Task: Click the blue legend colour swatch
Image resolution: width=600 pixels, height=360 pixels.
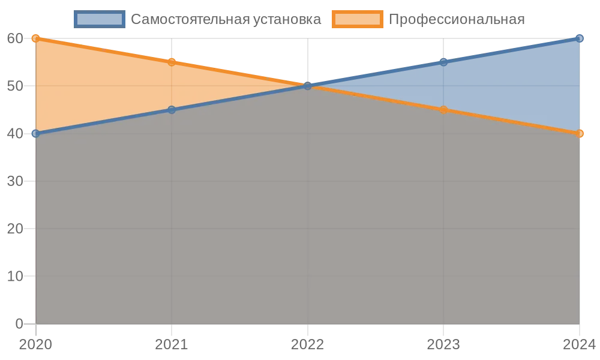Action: (x=100, y=19)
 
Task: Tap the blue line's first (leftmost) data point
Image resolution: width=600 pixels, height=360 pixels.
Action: (x=36, y=133)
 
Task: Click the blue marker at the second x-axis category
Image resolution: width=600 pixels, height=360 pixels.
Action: (x=172, y=110)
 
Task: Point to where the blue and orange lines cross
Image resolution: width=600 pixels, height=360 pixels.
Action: (x=308, y=86)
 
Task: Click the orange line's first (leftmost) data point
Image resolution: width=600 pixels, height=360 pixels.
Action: (x=36, y=38)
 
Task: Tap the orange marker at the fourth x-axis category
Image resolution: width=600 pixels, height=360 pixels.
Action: (x=443, y=110)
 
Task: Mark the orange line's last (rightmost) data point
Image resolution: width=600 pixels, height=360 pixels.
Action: (x=580, y=133)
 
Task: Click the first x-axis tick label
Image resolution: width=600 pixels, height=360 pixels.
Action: (x=36, y=343)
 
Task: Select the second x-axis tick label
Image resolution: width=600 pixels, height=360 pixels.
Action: (x=172, y=343)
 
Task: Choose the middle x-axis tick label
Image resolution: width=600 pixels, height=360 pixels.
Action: (x=308, y=343)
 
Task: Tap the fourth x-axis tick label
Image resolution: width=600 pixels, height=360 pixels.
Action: (x=443, y=343)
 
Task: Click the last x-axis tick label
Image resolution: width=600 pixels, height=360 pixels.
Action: (x=578, y=343)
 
